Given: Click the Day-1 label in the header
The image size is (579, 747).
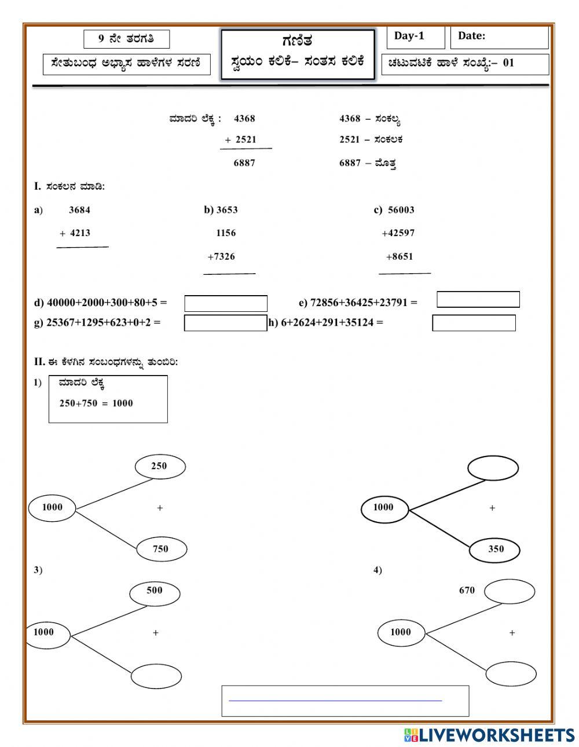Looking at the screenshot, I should tap(409, 36).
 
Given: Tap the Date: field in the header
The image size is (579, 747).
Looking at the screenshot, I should tap(499, 37).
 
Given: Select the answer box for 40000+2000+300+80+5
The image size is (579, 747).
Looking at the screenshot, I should tap(226, 304).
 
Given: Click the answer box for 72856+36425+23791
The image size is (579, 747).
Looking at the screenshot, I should tap(478, 299).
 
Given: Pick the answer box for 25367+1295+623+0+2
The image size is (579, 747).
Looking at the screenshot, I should tap(226, 323).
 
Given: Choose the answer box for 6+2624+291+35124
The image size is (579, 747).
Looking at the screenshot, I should tap(474, 323).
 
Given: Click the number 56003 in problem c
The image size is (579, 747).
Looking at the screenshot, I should tap(401, 210).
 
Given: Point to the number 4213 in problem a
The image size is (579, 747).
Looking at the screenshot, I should tap(80, 233).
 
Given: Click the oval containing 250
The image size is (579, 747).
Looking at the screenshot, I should tap(160, 466).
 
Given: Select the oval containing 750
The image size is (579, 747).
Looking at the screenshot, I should tap(162, 549).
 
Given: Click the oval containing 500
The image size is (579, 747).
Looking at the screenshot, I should tap(155, 591).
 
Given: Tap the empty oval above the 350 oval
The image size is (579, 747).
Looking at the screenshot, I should tap(493, 468).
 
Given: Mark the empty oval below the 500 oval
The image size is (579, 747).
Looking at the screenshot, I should tap(156, 675).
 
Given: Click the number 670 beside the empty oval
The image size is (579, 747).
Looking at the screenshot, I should tap(467, 591).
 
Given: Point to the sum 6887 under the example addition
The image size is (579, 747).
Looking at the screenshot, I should tap(244, 163).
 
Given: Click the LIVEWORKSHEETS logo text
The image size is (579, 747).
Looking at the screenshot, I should tap(496, 735).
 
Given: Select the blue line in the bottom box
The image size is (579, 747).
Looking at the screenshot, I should tap(335, 701).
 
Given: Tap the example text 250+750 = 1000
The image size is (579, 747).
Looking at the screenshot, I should tap(96, 403).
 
